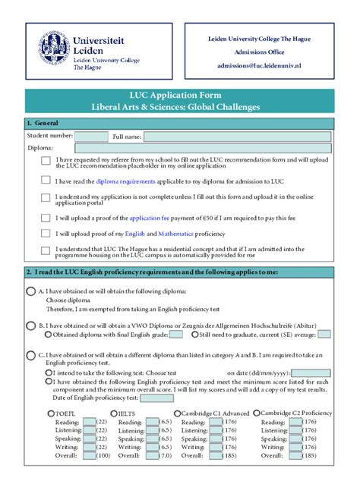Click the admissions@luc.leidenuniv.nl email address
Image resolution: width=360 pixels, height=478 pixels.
[x=259, y=66]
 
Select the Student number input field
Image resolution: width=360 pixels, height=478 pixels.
[x=91, y=137]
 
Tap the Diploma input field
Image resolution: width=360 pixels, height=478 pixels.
[x=193, y=148]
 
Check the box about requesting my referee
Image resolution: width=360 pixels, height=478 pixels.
[x=46, y=161]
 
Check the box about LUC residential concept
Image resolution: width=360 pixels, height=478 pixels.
[x=46, y=250]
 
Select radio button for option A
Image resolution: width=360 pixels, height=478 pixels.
[x=30, y=291]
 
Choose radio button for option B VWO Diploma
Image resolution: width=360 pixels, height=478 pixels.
[x=30, y=325]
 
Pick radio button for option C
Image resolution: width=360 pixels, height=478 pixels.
[x=30, y=354]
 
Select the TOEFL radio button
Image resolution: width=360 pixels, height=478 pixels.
[x=49, y=413]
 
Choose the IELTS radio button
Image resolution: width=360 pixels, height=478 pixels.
[x=113, y=413]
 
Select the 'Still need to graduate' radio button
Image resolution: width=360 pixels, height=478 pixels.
[x=196, y=334]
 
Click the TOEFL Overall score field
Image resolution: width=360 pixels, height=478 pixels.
[x=89, y=455]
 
